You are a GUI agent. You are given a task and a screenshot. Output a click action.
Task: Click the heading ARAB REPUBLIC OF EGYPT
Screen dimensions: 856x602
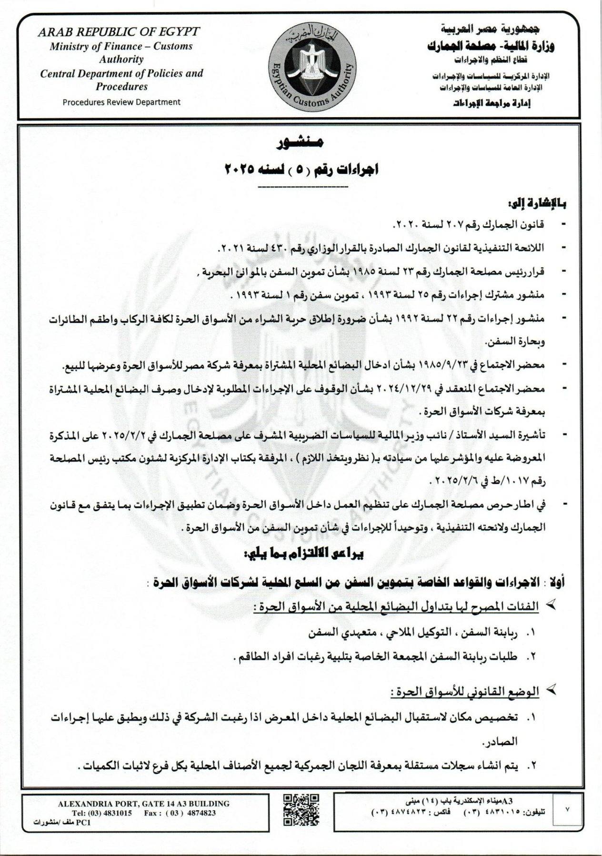119,32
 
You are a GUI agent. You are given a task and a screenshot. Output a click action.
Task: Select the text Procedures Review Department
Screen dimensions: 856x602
121,102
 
